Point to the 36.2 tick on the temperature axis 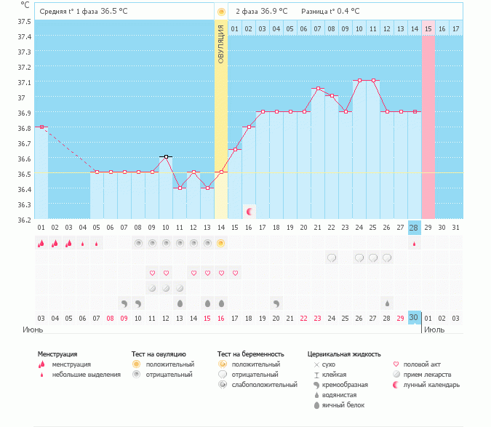tap(25, 220)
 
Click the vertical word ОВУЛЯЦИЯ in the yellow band tap(221, 43)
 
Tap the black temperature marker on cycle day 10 tap(166, 156)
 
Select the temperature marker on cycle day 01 tap(41, 127)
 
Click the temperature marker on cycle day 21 tap(317, 88)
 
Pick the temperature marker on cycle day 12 tap(193, 172)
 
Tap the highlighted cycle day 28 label tap(415, 228)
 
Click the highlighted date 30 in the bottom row tap(415, 318)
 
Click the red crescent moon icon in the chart tap(249, 211)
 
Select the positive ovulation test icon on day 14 tap(221, 243)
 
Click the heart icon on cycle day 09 tap(152, 273)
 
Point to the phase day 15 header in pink tap(428, 28)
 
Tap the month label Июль tap(434, 330)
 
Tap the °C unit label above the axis tap(25, 5)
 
